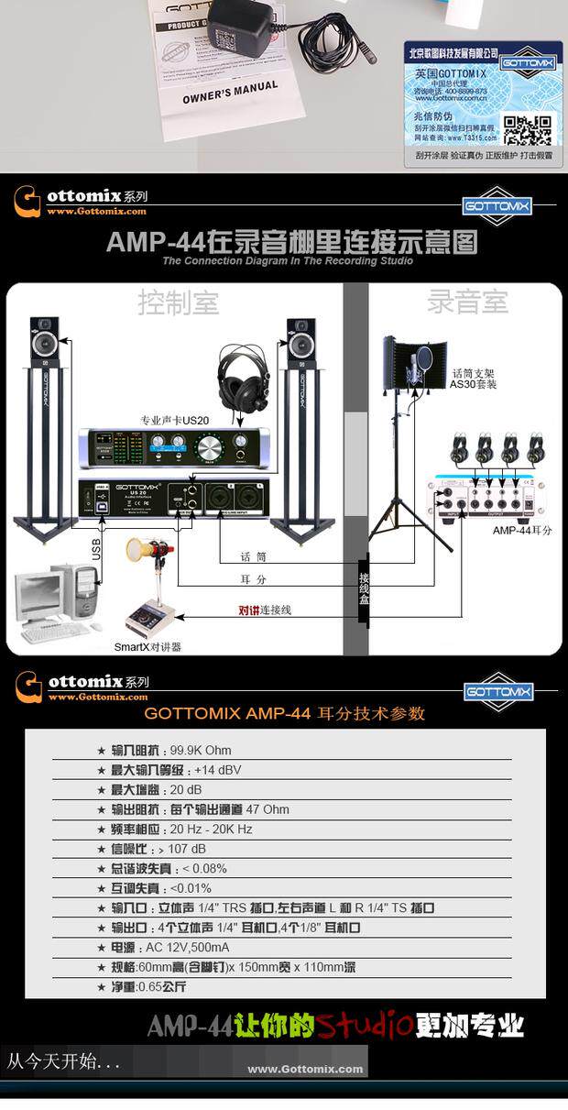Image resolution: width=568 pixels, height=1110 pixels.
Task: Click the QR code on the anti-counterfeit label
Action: point(529,129)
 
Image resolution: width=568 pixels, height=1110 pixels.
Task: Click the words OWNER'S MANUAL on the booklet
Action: point(230,92)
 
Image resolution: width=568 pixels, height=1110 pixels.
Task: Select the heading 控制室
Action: point(179,302)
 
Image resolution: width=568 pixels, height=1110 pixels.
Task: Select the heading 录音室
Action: point(467,302)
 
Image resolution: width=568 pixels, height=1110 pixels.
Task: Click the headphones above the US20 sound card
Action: point(242,375)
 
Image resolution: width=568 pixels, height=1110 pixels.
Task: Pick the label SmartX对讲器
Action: point(147,646)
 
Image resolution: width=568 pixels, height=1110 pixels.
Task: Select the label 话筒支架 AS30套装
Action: point(474,379)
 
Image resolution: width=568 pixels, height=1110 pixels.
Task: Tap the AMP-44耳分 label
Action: point(522,530)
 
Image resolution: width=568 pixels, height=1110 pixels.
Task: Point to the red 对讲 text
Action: point(248,610)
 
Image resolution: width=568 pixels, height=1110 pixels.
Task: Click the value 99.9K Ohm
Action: point(201,750)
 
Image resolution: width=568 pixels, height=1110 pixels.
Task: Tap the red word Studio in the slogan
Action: point(364,1024)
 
